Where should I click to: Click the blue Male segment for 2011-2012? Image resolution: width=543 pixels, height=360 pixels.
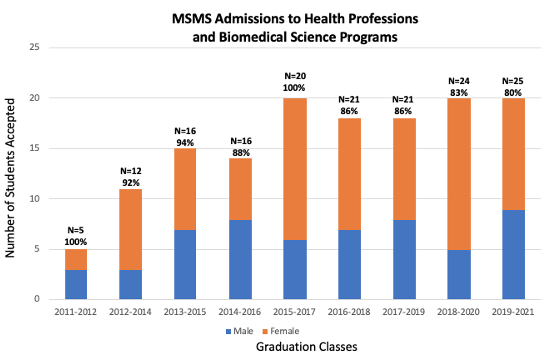click(x=76, y=284)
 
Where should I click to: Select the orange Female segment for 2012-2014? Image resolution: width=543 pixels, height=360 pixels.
click(x=130, y=229)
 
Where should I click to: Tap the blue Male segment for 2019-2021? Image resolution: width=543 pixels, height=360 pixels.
click(x=513, y=254)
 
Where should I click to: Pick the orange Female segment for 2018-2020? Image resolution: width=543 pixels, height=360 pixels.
click(x=459, y=174)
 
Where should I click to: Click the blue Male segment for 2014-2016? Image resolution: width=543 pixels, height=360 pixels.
click(x=240, y=259)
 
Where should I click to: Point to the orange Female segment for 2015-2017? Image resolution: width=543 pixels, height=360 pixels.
click(x=295, y=169)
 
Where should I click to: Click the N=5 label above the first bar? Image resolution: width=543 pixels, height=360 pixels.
click(x=76, y=230)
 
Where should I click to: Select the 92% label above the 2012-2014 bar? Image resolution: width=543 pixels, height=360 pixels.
click(x=131, y=183)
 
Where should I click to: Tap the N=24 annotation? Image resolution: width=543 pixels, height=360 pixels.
click(x=459, y=81)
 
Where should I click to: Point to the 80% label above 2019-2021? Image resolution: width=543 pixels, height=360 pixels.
click(x=513, y=93)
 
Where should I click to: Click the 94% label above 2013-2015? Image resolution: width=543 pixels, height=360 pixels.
click(x=185, y=143)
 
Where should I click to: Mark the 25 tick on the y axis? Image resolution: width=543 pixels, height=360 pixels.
click(x=34, y=47)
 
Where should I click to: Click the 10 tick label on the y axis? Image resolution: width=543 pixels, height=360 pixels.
click(x=34, y=199)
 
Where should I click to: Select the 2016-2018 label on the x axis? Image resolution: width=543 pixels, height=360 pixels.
click(x=349, y=312)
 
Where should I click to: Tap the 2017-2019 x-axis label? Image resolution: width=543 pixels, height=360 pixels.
click(x=404, y=312)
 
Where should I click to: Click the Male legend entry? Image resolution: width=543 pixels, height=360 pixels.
click(x=240, y=331)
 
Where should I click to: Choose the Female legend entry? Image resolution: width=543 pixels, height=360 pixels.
click(x=281, y=331)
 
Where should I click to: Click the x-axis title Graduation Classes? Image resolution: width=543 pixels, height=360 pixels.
click(x=306, y=347)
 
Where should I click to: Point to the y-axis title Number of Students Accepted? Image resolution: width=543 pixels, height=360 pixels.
click(x=10, y=178)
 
